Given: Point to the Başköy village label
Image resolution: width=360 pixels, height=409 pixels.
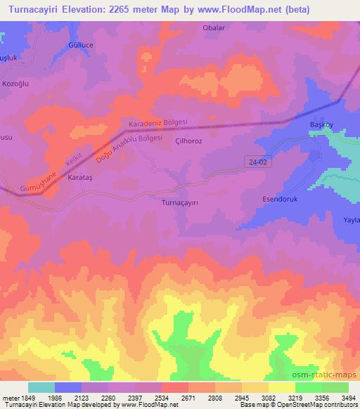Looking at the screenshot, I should (325, 125).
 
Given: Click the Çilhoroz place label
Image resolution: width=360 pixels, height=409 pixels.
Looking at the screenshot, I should (189, 141).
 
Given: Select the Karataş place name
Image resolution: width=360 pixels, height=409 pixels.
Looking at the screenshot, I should (79, 178).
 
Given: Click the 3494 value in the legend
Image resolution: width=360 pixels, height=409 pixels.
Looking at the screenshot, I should (348, 397).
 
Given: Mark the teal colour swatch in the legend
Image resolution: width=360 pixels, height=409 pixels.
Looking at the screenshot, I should (41, 387).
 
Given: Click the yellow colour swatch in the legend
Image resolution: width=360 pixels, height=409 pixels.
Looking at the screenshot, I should (281, 387).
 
